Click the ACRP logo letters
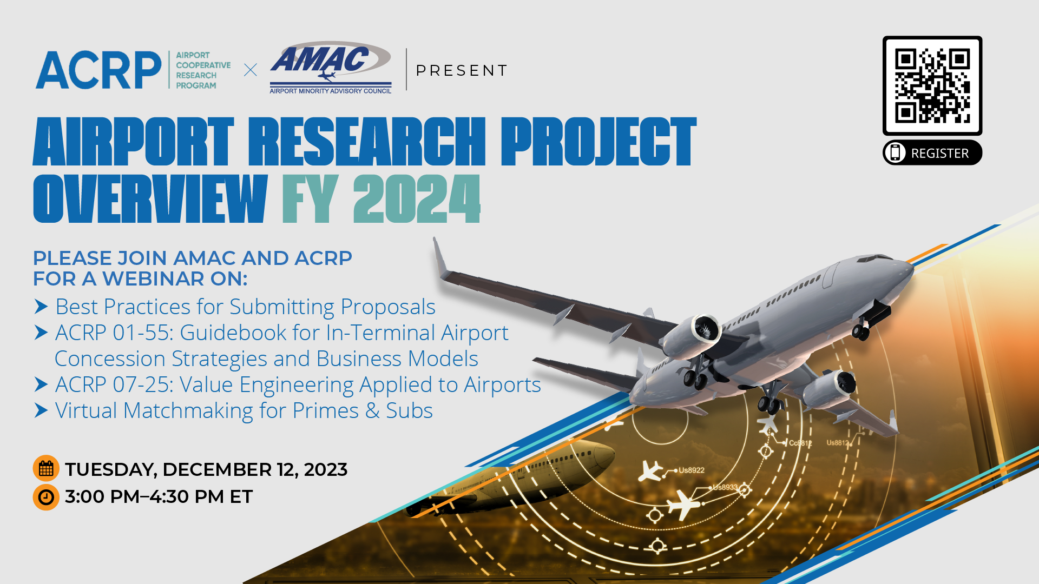click(98, 70)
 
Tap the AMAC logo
click(331, 68)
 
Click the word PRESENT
click(462, 70)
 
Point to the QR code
click(932, 85)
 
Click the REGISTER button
click(932, 153)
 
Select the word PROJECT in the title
click(598, 141)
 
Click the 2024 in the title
click(417, 198)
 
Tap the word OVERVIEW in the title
click(150, 198)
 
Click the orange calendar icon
click(46, 468)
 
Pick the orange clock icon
click(46, 497)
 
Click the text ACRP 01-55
click(113, 333)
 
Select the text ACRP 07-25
click(113, 384)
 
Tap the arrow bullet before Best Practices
click(41, 307)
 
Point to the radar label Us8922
click(692, 470)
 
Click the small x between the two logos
click(251, 70)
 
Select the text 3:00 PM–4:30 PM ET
click(159, 497)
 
